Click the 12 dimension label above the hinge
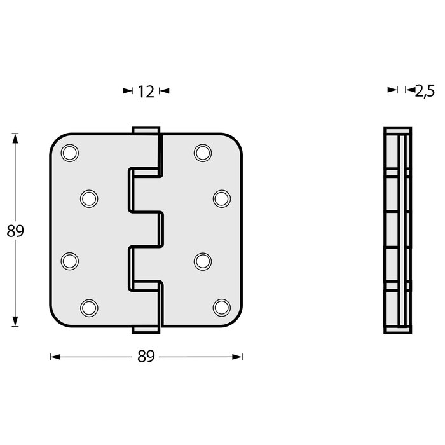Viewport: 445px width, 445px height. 146,92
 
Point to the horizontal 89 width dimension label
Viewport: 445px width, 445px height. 146,357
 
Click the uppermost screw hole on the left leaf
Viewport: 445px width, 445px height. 69,152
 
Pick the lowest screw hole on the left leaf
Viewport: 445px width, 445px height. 88,308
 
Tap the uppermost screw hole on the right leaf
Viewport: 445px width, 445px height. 202,152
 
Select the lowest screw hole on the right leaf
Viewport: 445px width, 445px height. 221,308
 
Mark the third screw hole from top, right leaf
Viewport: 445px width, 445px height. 202,261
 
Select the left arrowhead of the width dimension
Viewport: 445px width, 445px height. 54,357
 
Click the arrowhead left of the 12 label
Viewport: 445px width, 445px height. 127,92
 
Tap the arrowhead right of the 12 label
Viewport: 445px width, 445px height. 165,92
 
